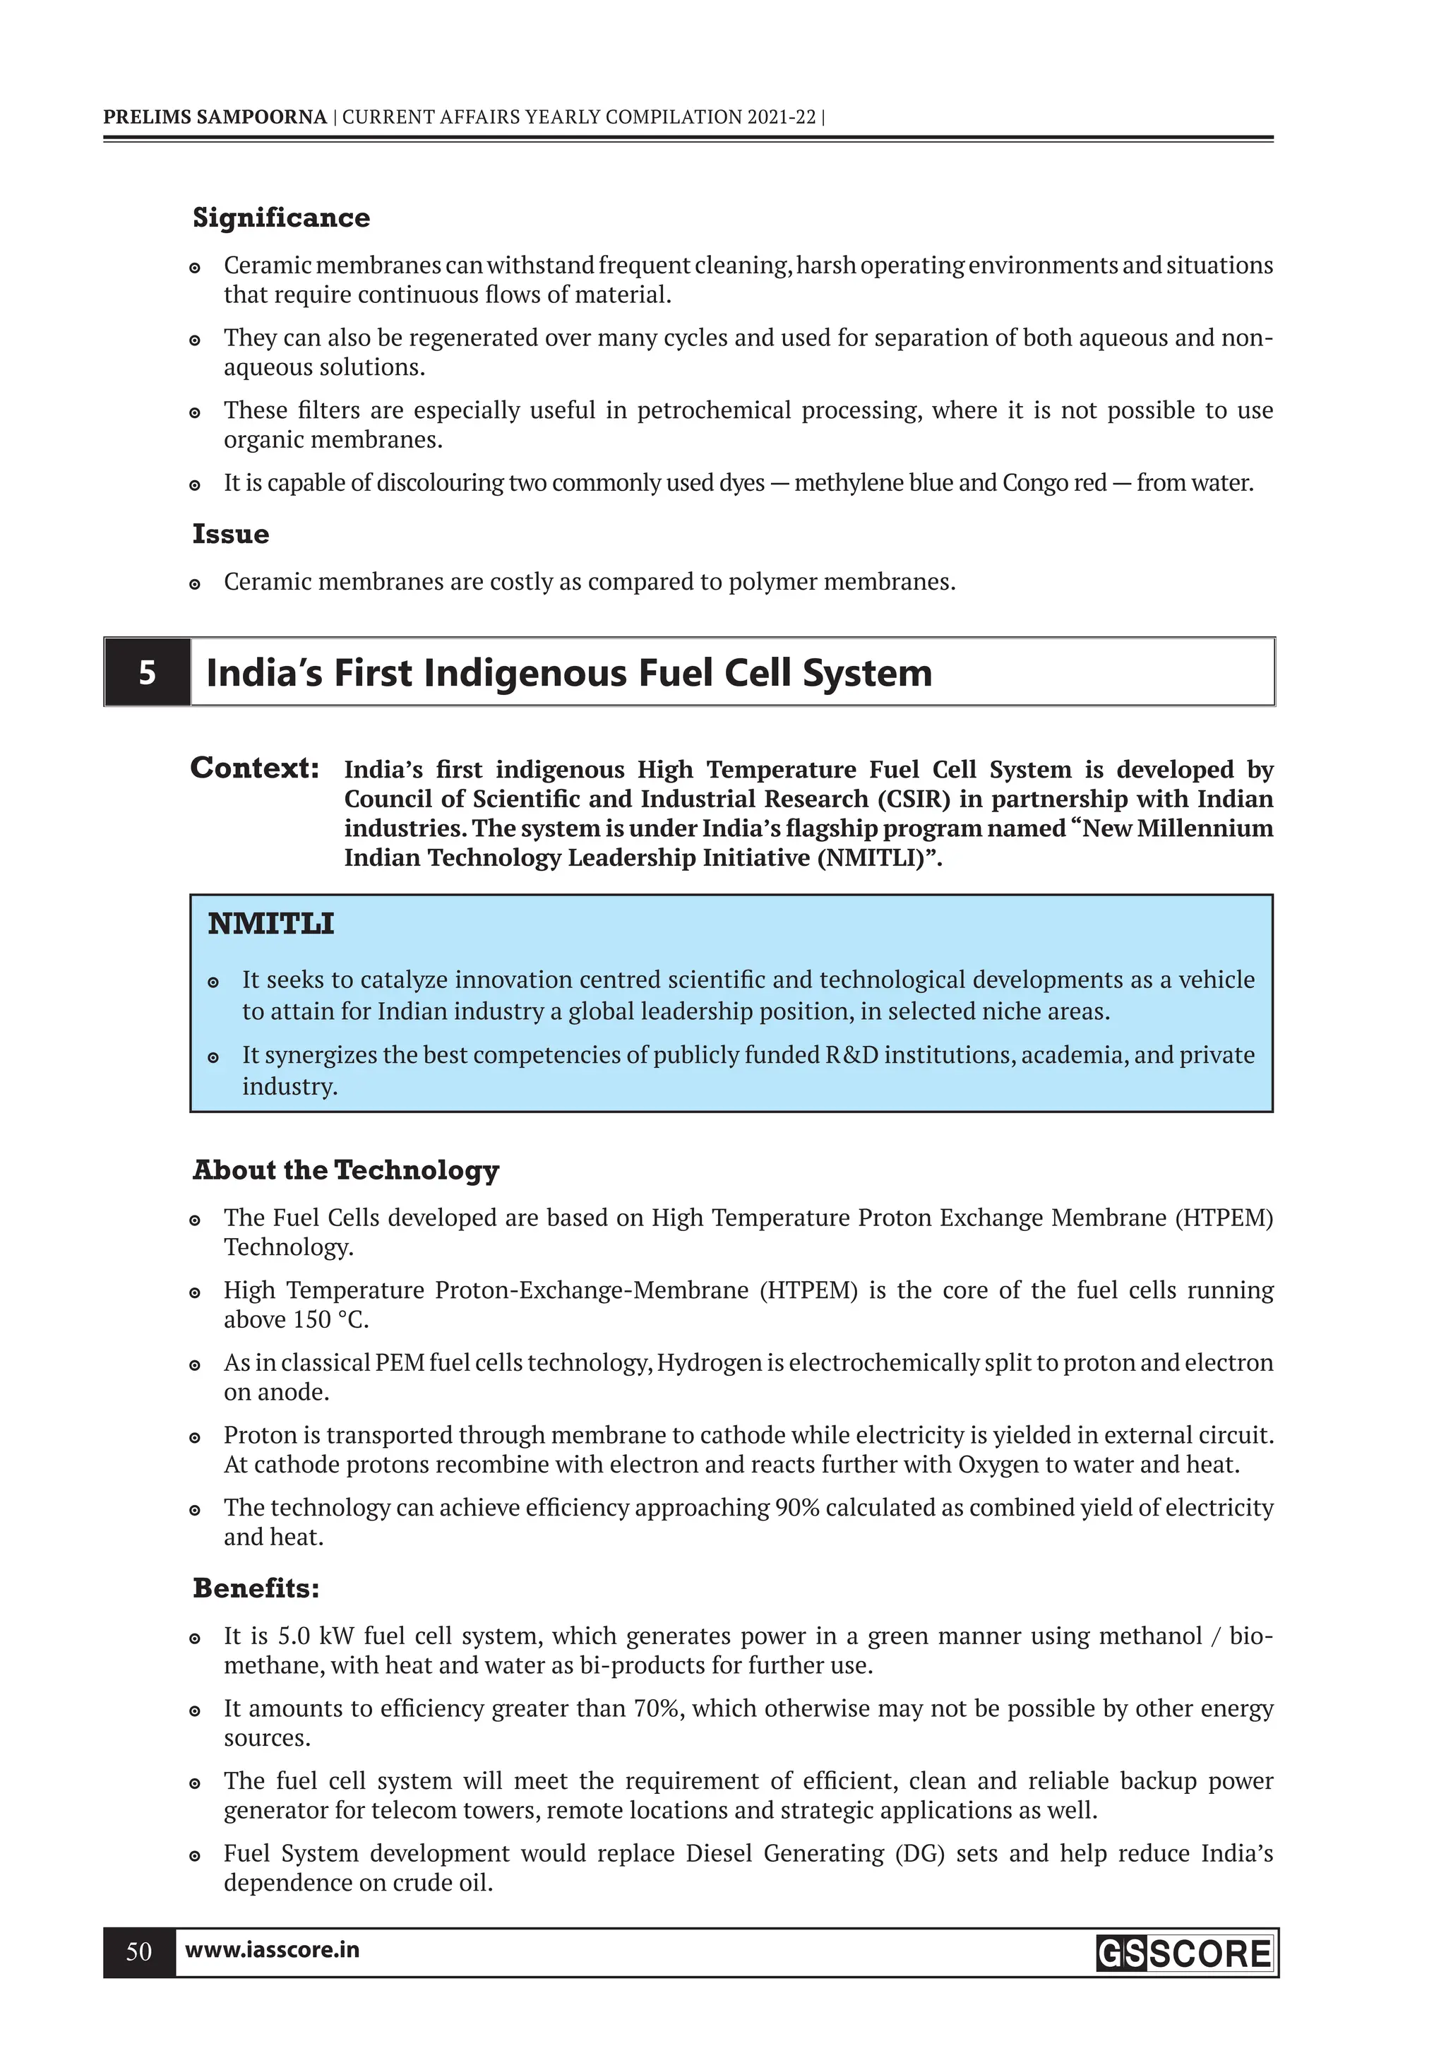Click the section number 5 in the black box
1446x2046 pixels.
coord(147,673)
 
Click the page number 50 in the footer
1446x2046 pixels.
coord(139,1951)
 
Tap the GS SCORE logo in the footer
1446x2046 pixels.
coord(1184,1953)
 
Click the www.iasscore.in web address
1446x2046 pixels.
coord(272,1950)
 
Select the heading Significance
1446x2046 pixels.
coord(280,218)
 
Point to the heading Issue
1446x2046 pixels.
coord(230,535)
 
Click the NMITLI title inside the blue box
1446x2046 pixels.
coord(271,924)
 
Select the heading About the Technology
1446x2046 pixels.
coord(346,1170)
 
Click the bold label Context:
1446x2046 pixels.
coord(255,768)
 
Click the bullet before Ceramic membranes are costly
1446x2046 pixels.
coord(195,585)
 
